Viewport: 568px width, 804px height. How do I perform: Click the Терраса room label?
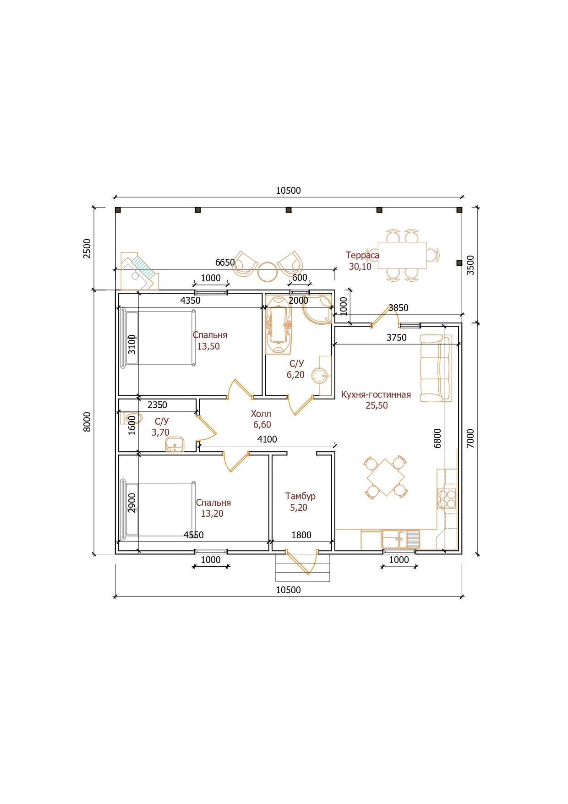362,255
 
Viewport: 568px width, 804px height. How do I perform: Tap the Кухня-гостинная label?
376,394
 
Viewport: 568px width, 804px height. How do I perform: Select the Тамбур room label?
300,496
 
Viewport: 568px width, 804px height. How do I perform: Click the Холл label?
261,414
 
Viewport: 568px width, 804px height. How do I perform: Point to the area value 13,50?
208,346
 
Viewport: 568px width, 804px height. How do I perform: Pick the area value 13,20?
212,514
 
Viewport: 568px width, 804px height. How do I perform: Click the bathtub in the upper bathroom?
278,325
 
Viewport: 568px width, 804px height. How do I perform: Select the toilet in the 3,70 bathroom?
131,418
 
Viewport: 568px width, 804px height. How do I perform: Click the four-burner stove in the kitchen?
447,499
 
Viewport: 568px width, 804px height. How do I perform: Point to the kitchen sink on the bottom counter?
401,539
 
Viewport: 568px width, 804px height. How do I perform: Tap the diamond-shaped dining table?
386,477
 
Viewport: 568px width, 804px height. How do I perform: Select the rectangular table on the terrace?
402,255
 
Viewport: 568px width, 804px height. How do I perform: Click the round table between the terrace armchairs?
268,272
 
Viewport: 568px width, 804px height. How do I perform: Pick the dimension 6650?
225,263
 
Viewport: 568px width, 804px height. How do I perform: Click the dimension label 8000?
87,421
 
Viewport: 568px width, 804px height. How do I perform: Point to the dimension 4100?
267,439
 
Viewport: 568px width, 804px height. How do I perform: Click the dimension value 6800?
437,438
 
